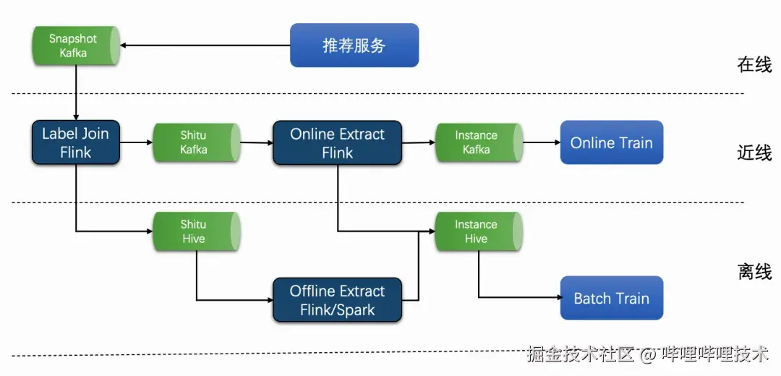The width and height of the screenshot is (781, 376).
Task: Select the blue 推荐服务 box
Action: pos(354,46)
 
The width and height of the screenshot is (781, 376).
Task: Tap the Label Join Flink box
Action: pos(75,142)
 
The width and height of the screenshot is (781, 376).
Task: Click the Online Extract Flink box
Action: pos(337,143)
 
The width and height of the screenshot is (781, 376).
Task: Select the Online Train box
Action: pos(611,142)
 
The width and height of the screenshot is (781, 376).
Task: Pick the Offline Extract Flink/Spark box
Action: pos(337,300)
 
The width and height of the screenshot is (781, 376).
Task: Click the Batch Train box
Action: pos(611,298)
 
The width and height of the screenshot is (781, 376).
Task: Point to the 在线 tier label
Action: pos(754,64)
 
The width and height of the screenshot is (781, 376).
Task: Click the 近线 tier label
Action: pos(754,153)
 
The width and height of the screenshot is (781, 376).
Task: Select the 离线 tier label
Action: pos(754,272)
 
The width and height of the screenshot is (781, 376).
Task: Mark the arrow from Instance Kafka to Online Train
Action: pos(541,142)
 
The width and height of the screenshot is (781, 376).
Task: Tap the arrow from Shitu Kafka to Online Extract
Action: pos(256,143)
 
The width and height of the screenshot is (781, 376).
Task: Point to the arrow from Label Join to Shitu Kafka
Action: pos(136,142)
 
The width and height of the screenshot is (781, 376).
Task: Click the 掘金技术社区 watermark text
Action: pos(581,354)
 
